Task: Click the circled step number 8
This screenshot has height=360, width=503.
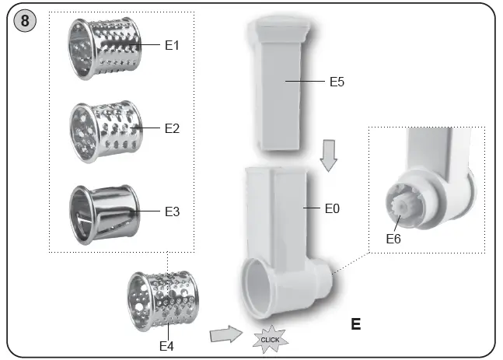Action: tap(26, 21)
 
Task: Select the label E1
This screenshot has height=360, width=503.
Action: tap(172, 45)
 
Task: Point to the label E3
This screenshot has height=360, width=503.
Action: tap(172, 211)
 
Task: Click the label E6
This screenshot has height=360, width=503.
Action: tap(395, 239)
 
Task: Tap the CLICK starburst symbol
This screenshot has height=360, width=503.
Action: tap(269, 340)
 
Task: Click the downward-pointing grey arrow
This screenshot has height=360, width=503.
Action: tap(330, 160)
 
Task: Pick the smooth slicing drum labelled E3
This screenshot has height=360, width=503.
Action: tap(101, 211)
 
